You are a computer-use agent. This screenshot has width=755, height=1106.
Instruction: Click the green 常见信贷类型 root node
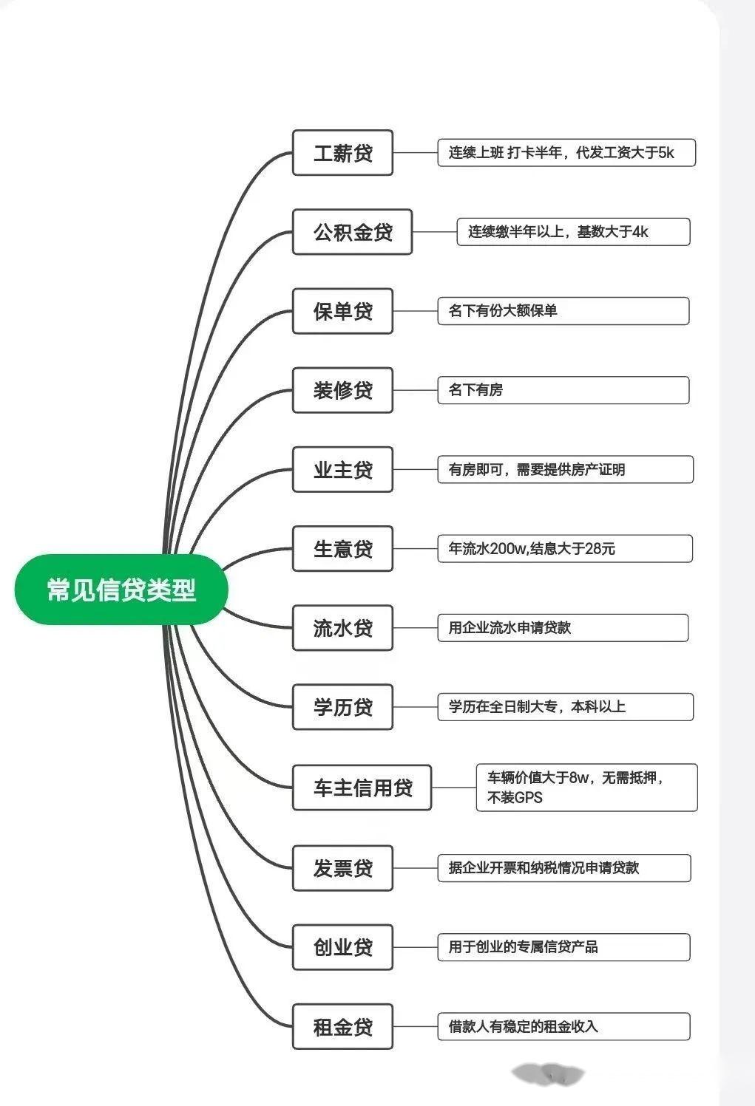pos(121,590)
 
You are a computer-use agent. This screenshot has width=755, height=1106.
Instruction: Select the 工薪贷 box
pos(342,153)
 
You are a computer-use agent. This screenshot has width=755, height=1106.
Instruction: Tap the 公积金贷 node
pos(352,232)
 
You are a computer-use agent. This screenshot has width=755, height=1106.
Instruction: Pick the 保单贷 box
pos(342,311)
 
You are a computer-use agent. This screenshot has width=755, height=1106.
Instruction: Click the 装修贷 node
pos(342,390)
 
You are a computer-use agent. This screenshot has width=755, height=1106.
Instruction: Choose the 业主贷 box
pos(342,470)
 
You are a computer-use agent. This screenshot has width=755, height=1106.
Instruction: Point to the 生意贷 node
pos(342,549)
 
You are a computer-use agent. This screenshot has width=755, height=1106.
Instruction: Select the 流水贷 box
pos(342,628)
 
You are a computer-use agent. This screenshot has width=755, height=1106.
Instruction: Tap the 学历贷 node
pos(342,707)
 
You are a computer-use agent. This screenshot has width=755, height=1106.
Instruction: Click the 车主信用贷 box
pos(362,788)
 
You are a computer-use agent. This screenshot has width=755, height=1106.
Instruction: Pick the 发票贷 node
pos(342,868)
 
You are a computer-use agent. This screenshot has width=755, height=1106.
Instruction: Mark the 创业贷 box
pos(342,947)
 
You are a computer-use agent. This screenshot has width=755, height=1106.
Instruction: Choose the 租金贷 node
pos(342,1027)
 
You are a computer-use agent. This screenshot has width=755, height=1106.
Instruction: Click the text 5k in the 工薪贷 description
pos(666,153)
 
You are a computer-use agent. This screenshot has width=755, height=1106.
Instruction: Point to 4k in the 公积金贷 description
pos(640,232)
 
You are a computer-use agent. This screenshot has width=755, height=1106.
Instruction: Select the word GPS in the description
pos(528,798)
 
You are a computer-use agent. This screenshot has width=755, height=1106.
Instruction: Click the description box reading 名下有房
pos(563,390)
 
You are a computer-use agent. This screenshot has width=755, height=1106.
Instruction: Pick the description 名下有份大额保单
pos(563,311)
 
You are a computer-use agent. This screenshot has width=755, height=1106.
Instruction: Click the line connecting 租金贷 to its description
pos(415,1027)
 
